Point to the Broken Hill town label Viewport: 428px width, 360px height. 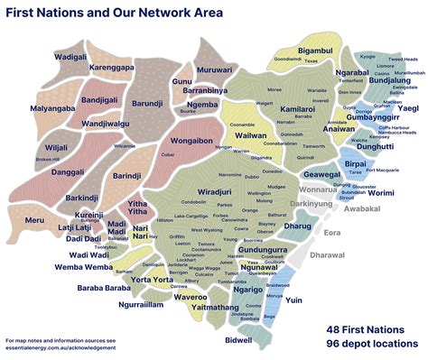tap(47, 160)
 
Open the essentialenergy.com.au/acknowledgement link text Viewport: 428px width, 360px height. tap(60, 347)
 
